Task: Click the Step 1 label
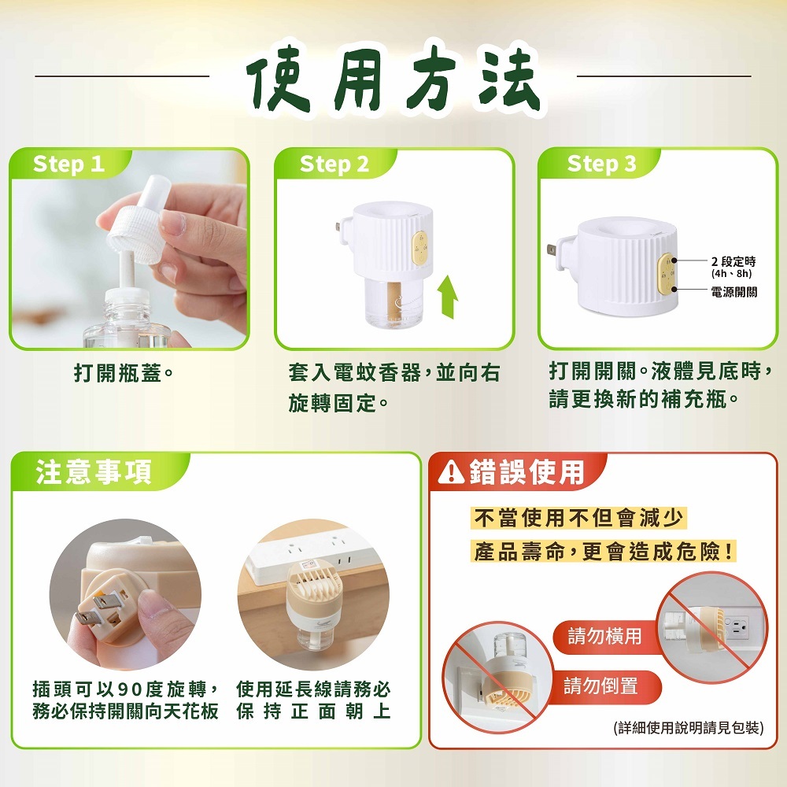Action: [68, 164]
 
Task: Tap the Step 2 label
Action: [334, 164]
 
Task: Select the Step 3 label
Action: [601, 164]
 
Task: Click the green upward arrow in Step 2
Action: [447, 297]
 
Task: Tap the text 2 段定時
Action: [733, 261]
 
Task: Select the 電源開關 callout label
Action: [733, 292]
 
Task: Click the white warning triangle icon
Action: [451, 472]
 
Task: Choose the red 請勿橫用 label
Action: [604, 636]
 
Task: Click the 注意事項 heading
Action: [94, 472]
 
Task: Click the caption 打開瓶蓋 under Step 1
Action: [124, 373]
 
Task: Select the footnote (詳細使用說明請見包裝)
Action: [688, 727]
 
